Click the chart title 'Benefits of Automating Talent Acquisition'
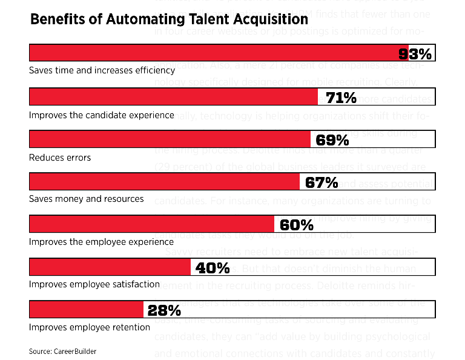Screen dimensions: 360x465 coord(169,19)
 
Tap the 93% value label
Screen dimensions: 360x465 coord(415,54)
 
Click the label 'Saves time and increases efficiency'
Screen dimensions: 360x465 coord(102,70)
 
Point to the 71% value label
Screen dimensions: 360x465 coord(341,97)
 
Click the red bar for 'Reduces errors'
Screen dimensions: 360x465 coord(170,139)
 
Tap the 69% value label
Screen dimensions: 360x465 coord(332,140)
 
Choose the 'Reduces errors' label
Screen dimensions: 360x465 coord(60,158)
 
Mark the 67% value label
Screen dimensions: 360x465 coord(322,182)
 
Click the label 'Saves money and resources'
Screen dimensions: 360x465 coord(87,199)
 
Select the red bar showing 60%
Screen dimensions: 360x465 coord(151,224)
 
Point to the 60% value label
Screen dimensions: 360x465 coord(297,225)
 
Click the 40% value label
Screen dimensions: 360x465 coord(213,267)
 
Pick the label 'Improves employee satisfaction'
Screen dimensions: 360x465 coord(94,284)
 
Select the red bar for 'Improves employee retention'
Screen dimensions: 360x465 coord(86,310)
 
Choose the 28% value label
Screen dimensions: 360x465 coord(164,310)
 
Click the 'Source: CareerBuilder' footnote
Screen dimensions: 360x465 coord(62,351)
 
